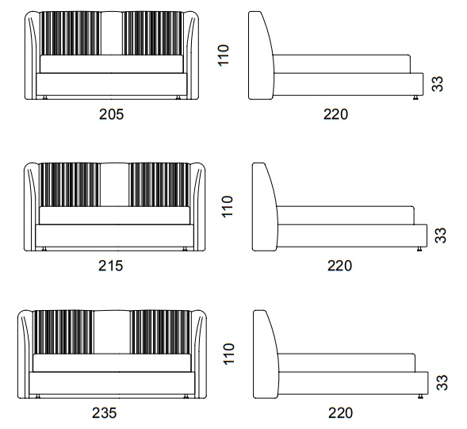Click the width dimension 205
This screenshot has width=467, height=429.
point(111,114)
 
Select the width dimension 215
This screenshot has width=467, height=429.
point(110,266)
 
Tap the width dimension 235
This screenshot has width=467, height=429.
point(104,413)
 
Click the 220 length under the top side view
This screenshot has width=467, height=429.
point(335,114)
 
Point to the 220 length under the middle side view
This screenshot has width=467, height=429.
point(339,266)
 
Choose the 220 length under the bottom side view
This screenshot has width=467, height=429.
point(340,413)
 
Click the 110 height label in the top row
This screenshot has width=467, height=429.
point(224,56)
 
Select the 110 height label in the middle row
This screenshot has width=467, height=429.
point(228,206)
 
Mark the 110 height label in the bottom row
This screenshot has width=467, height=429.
point(228,354)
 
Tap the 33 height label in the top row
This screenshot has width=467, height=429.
point(437,84)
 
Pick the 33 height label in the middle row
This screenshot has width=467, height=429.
point(441,235)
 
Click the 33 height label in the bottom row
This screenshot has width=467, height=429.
point(442,382)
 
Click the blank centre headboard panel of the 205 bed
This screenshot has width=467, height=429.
point(111,33)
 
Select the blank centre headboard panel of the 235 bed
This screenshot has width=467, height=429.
point(112,332)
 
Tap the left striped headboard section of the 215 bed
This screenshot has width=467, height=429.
point(70,185)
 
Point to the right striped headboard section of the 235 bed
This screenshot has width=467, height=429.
point(160,332)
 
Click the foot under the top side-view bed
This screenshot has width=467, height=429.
point(415,98)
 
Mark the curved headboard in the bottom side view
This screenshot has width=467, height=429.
point(266,354)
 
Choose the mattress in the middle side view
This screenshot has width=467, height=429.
point(346,215)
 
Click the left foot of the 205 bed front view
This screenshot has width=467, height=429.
point(45,98)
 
